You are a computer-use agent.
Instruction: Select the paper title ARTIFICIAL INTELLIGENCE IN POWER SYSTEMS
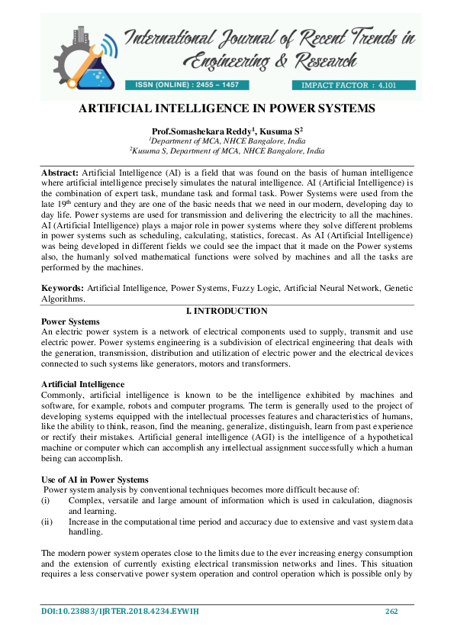(227, 108)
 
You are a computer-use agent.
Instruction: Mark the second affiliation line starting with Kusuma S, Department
(227, 152)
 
